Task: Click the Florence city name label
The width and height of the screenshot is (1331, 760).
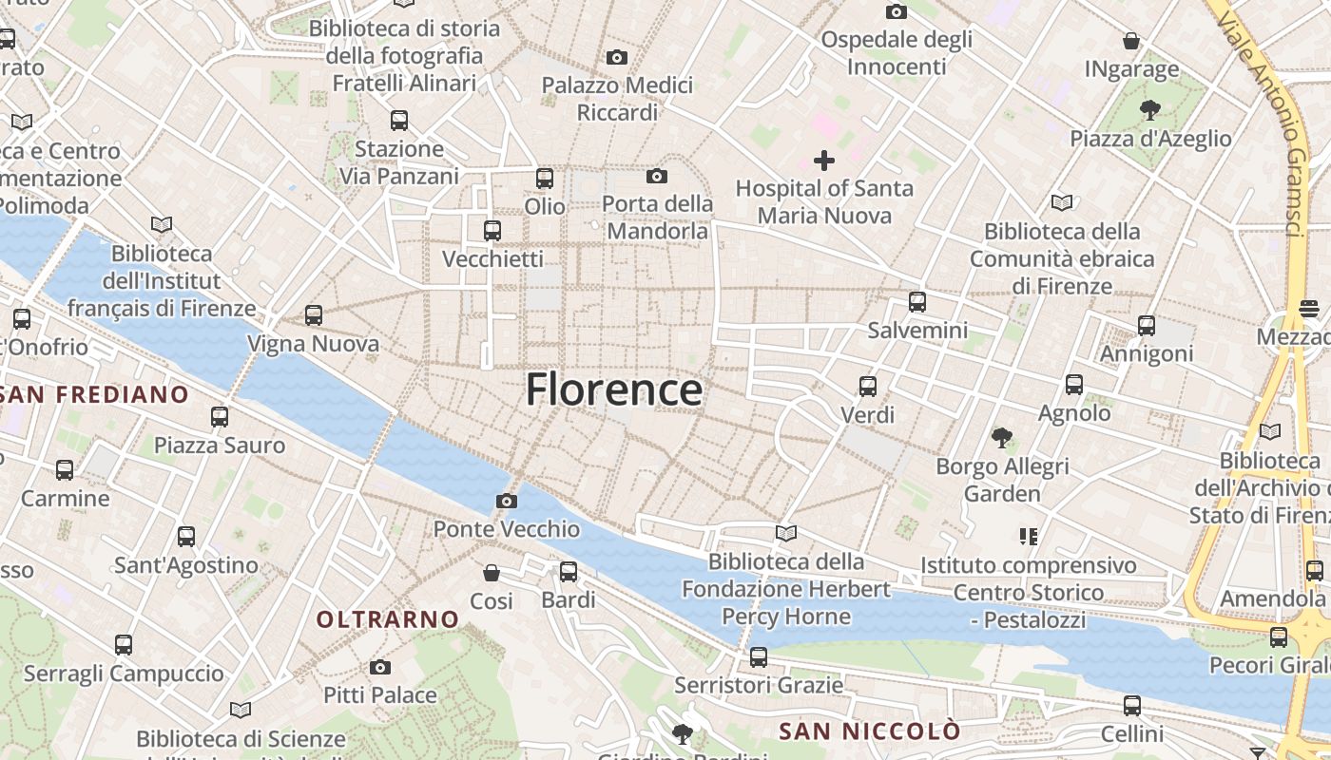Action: click(614, 389)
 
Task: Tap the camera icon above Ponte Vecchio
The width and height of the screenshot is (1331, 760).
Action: click(507, 501)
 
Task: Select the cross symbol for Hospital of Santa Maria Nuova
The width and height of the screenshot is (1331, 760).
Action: click(824, 161)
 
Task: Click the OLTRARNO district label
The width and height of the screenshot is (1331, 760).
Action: click(388, 619)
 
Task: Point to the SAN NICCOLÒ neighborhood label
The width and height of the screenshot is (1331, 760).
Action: click(870, 731)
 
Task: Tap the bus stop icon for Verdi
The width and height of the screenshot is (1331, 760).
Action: click(868, 387)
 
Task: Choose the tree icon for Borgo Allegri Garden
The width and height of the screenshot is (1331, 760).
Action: click(1001, 438)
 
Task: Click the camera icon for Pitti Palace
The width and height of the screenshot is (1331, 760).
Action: click(380, 667)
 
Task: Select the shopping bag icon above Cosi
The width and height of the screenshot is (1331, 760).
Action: click(492, 573)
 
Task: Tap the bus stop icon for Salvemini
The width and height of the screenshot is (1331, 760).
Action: click(917, 302)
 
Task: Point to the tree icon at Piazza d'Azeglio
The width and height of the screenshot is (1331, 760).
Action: click(1150, 109)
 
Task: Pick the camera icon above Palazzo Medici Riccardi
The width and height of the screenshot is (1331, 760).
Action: click(617, 58)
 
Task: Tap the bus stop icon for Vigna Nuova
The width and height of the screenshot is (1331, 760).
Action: click(314, 315)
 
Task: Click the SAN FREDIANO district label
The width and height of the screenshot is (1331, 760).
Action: click(95, 393)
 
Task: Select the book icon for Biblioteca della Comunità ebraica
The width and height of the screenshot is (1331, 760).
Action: click(1062, 202)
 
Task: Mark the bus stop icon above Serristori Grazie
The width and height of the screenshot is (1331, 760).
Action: click(759, 656)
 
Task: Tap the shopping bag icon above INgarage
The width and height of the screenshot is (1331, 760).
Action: click(1131, 41)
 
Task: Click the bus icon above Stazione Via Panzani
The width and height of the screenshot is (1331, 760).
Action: click(399, 121)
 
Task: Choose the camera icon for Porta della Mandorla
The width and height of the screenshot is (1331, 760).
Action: click(657, 176)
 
